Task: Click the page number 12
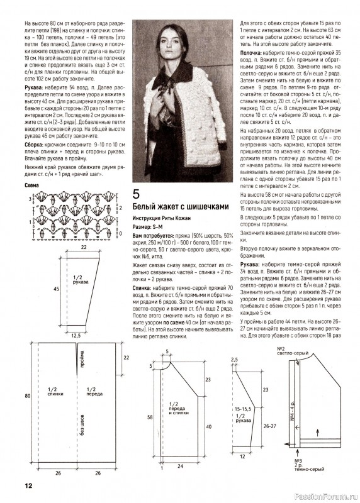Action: click(28, 485)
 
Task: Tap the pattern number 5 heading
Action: click(136, 194)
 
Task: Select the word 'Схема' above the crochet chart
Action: click(31, 185)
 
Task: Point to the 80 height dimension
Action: click(28, 396)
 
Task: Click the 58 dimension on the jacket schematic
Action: click(150, 417)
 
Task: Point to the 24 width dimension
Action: click(180, 466)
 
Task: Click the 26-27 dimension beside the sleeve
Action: click(269, 426)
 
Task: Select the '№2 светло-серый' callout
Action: click(291, 351)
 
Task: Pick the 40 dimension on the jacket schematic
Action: click(208, 427)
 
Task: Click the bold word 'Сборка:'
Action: click(34, 145)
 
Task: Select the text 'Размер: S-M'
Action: click(149, 226)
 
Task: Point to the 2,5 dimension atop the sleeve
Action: click(234, 360)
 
